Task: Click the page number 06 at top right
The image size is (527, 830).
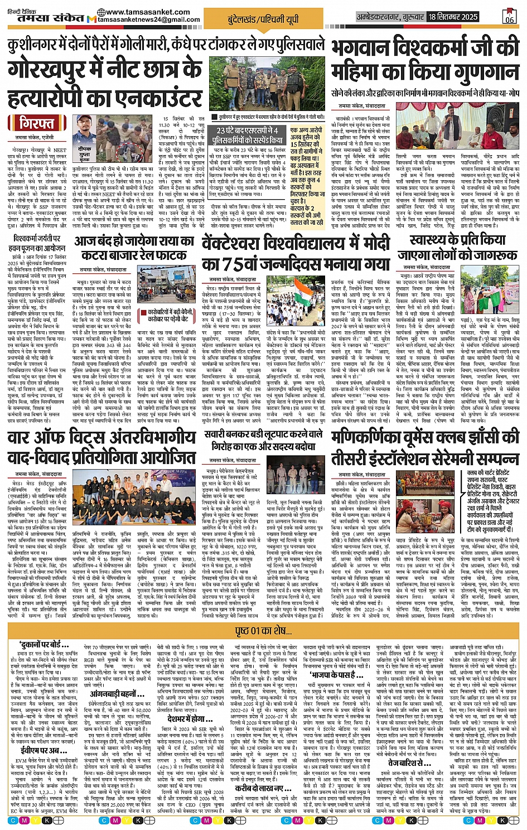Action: click(x=509, y=17)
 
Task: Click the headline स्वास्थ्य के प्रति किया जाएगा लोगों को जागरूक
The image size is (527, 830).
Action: click(x=457, y=248)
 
